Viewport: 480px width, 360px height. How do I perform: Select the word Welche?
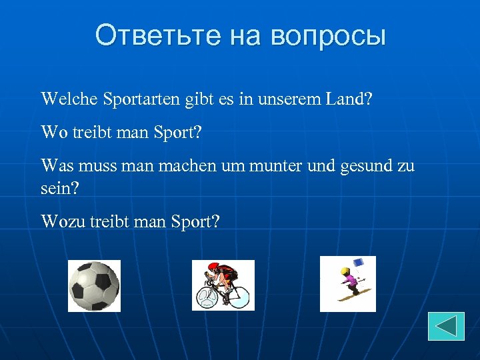coord(69,99)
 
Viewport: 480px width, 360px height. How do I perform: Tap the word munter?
coord(273,165)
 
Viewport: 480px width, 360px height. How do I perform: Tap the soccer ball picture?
coord(94,286)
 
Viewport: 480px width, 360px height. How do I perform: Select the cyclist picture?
coord(223,285)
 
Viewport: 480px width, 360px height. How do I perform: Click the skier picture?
coord(348,283)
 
